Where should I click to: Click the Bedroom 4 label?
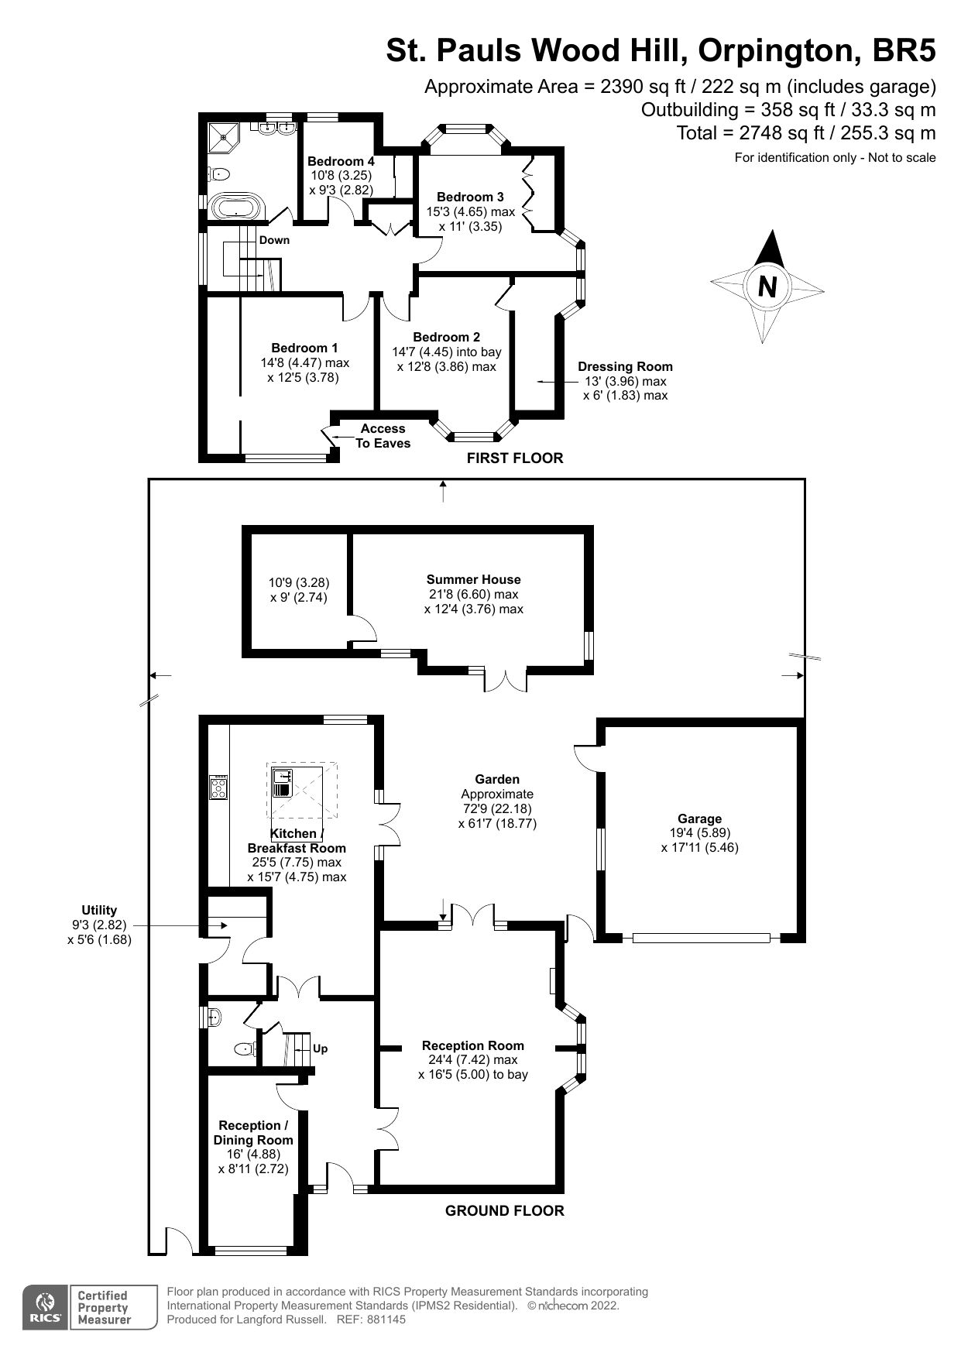coord(341,161)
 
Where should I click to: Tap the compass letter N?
coord(767,287)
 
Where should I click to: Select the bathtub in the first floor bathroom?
coord(237,208)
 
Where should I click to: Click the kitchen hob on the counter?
coord(218,788)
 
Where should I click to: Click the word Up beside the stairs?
coord(320,1048)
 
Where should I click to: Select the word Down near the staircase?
coord(274,240)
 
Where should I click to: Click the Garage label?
coord(699,818)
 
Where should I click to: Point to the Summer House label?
coord(473,579)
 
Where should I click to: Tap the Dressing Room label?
coord(625,366)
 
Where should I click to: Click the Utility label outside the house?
coord(99,910)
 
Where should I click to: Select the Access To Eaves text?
coord(383,435)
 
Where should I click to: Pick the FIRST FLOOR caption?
coord(514,458)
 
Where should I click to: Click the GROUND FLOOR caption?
coord(504,1210)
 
